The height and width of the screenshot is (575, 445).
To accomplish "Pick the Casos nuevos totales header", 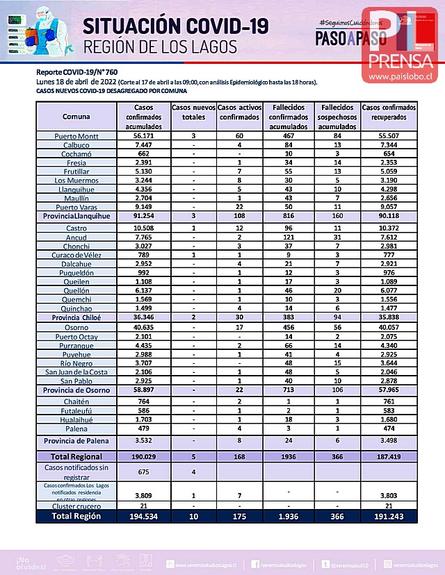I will click(x=193, y=113).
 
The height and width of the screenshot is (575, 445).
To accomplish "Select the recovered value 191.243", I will click(x=389, y=517).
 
